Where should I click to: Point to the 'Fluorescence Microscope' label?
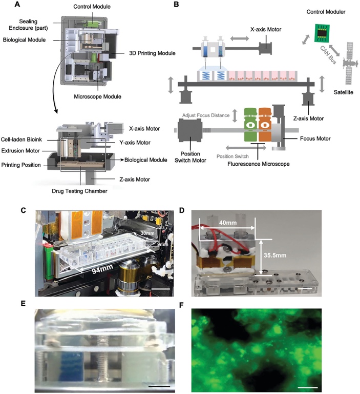256,166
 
